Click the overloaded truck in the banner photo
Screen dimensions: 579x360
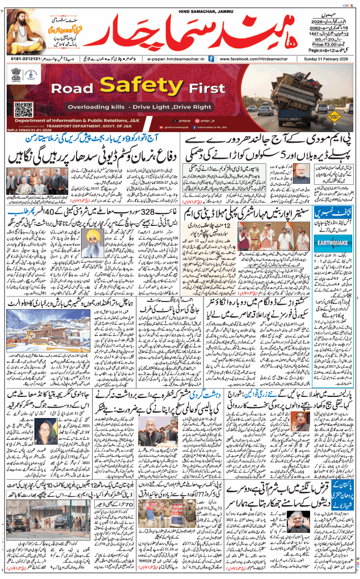tap(300, 88)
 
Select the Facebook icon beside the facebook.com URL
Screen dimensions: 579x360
tap(215, 58)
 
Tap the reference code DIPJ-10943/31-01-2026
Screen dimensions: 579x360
tap(36, 129)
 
